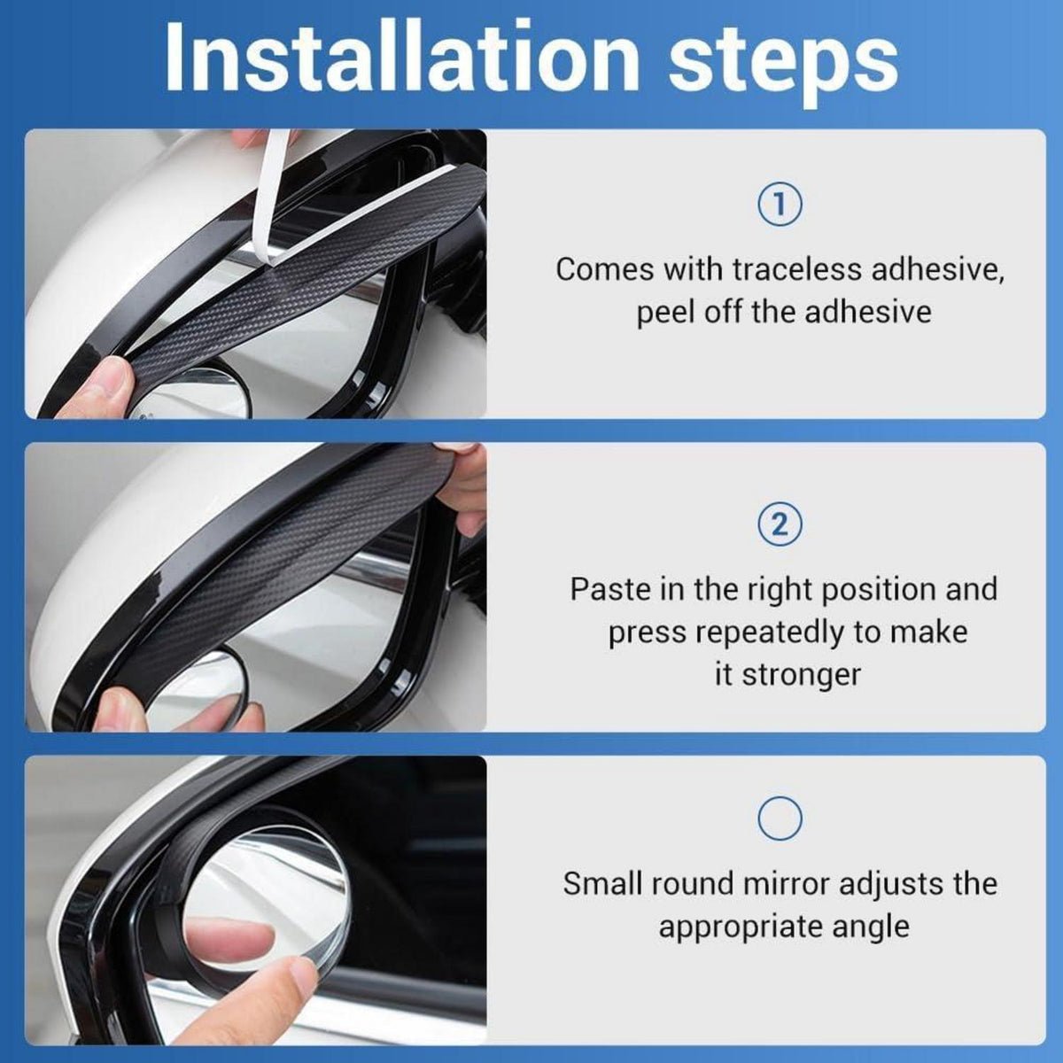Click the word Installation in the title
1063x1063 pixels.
point(400,57)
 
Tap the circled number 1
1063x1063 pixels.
point(780,206)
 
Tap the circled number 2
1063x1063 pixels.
point(780,524)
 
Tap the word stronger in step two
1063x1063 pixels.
point(801,675)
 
